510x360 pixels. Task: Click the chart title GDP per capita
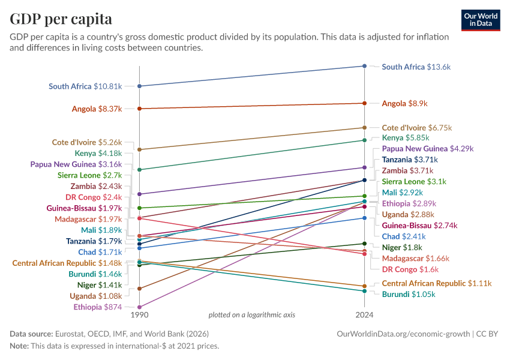tap(61, 19)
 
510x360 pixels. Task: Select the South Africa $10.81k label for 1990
tap(85, 86)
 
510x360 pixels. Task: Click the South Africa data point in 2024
tap(364, 66)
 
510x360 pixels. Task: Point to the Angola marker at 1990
tap(139, 109)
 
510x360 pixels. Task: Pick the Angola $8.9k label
tap(404, 104)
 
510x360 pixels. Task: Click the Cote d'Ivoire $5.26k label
tap(86, 143)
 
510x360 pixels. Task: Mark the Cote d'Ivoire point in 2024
tap(364, 128)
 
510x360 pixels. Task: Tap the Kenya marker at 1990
tap(139, 170)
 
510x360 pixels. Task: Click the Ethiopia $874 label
tap(98, 307)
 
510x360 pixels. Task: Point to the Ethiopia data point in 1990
tap(139, 307)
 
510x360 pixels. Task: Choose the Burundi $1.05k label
tap(408, 295)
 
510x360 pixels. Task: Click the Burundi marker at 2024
tap(364, 291)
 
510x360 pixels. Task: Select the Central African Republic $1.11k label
tap(436, 284)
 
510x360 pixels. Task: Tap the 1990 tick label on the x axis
tap(139, 315)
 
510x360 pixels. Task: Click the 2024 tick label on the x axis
tap(364, 315)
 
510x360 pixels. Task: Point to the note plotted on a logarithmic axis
tap(251, 315)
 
